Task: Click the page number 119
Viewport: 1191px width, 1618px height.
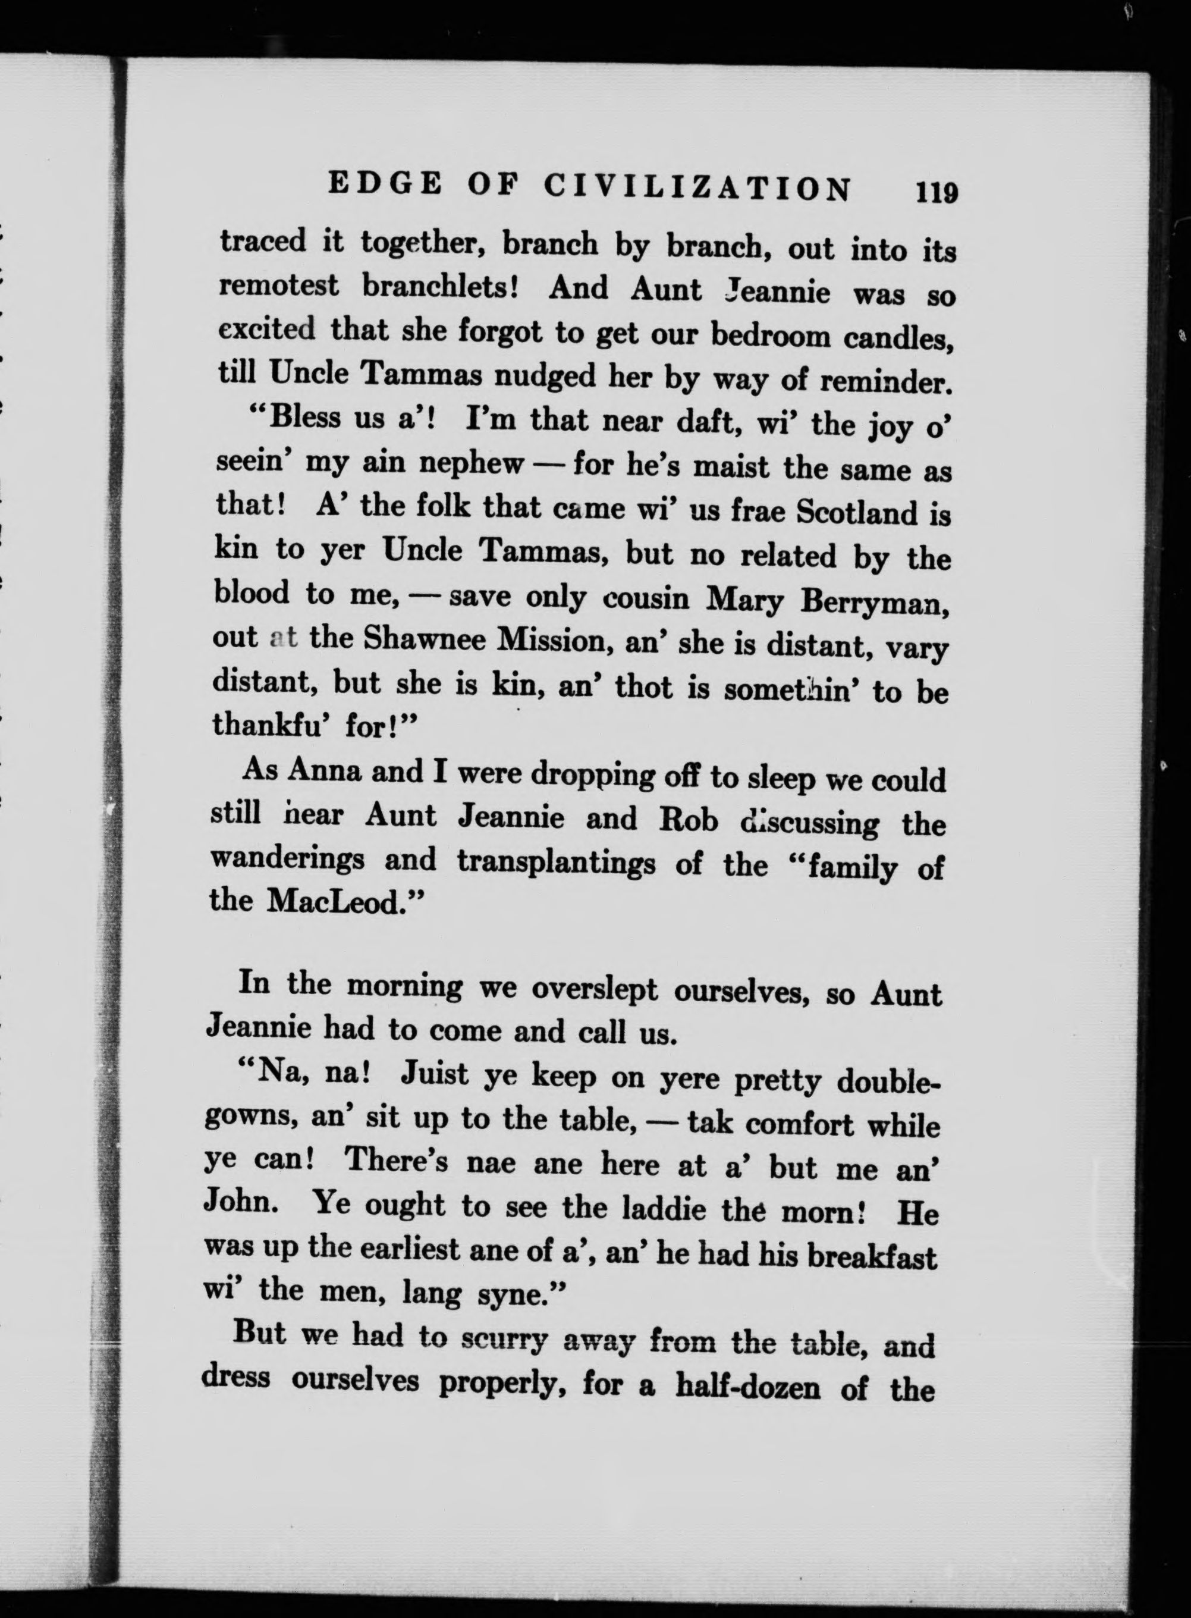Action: [x=937, y=194]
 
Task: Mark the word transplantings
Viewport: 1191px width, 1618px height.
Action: [x=556, y=861]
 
